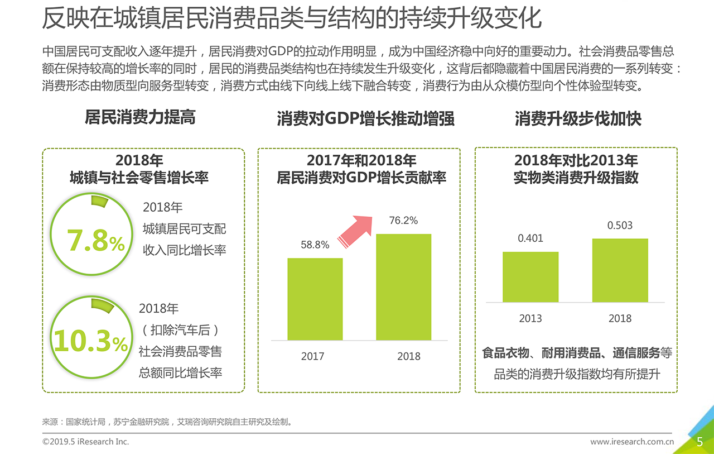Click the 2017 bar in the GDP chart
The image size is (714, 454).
315,299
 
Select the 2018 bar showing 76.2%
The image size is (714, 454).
403,286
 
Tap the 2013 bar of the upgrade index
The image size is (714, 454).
530,277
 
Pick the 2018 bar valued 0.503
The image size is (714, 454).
620,270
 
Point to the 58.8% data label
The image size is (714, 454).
315,245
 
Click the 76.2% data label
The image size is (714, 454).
403,221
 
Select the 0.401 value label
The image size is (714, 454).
530,238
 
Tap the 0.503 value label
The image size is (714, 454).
620,226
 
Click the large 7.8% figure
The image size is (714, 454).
95,241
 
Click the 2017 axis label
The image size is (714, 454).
312,356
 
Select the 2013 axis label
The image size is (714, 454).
530,318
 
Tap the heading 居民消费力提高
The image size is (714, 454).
140,117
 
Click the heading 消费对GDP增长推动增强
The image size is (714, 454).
365,118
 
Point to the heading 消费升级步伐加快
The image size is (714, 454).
578,118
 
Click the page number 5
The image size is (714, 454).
700,442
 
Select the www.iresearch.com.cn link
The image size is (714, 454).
632,442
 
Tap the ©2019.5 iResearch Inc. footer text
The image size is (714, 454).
85,442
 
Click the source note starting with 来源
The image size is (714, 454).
167,422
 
